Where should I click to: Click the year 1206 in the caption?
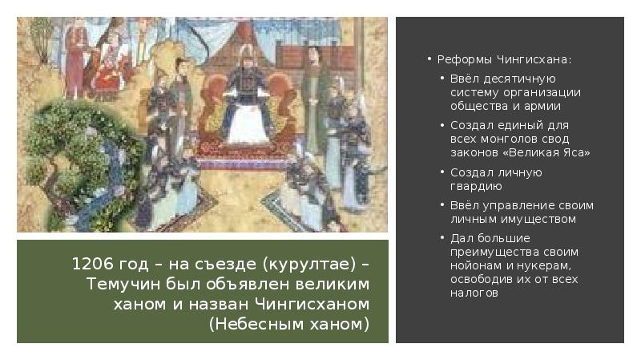coord(89,265)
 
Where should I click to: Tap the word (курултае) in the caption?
coord(301,265)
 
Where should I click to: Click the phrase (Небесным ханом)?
coord(289,324)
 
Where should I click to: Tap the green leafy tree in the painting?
coord(68,152)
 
